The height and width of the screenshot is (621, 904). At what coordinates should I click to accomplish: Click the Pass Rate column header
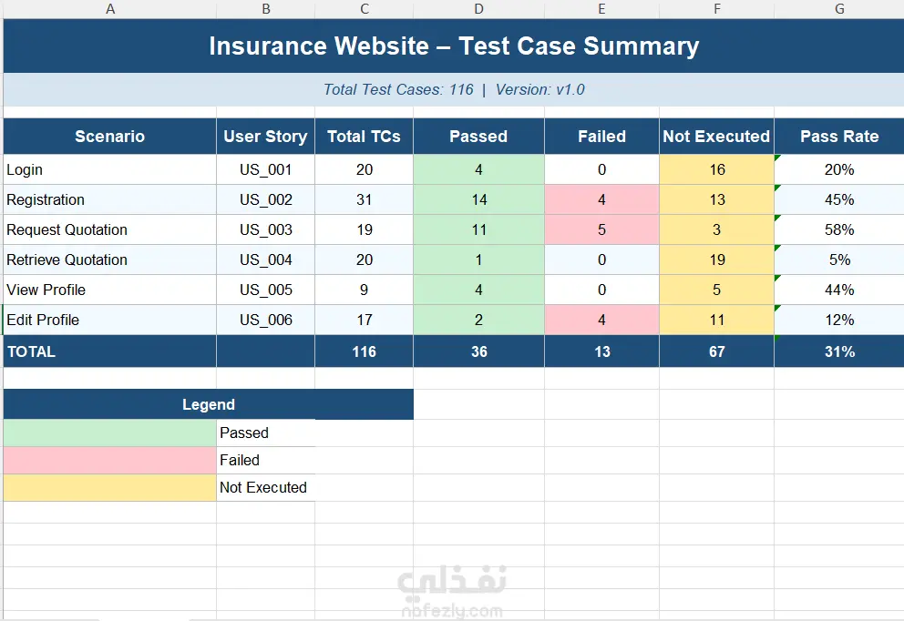coord(839,137)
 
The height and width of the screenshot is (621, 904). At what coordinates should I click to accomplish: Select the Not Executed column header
coord(716,137)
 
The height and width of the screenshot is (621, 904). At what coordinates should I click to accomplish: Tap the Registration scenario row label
coord(46,200)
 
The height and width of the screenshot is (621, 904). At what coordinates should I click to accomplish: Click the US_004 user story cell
coord(266,260)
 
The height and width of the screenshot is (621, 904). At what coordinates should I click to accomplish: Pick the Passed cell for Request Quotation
coord(479,229)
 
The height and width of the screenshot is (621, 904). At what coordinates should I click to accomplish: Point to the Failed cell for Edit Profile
coord(601,320)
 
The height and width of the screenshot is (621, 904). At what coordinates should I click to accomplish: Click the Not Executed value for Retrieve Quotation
coord(716,260)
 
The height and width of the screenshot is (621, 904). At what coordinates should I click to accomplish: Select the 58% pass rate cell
coord(839,229)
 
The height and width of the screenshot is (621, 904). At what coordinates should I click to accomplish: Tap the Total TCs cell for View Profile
coord(364,290)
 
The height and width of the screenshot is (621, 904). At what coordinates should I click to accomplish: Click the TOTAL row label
coord(31,351)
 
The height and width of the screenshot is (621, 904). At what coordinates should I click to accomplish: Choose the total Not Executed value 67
coord(716,351)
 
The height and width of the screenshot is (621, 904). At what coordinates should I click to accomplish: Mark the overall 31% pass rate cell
coord(839,351)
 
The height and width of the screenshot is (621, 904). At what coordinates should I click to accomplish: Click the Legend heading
coord(209,404)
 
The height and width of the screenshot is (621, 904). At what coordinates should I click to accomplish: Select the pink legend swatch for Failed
coord(109,460)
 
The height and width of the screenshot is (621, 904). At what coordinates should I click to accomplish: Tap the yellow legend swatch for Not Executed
coord(109,487)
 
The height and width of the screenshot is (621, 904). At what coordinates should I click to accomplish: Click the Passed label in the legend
coord(244,433)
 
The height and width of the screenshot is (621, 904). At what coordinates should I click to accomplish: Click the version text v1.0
coord(570,90)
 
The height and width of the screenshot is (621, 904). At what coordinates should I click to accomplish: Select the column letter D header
coord(479,8)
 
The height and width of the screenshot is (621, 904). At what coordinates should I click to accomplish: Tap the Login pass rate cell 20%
coord(839,170)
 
